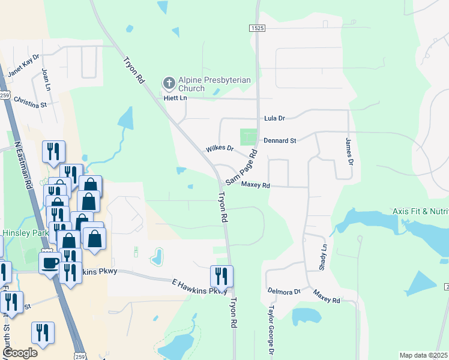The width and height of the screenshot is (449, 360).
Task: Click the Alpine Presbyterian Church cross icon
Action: point(169,82)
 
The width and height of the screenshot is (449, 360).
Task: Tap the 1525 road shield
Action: point(256,28)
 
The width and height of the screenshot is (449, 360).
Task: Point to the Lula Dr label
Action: point(274,119)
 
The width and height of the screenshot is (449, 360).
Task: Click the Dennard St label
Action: point(280,140)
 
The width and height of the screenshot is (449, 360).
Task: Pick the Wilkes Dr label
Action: point(218,148)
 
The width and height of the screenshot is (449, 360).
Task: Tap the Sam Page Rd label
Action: point(241,167)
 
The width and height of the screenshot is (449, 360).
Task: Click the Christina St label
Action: point(30,100)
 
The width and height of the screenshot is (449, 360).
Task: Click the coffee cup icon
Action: point(49,262)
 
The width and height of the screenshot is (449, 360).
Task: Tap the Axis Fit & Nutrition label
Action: point(420,211)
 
